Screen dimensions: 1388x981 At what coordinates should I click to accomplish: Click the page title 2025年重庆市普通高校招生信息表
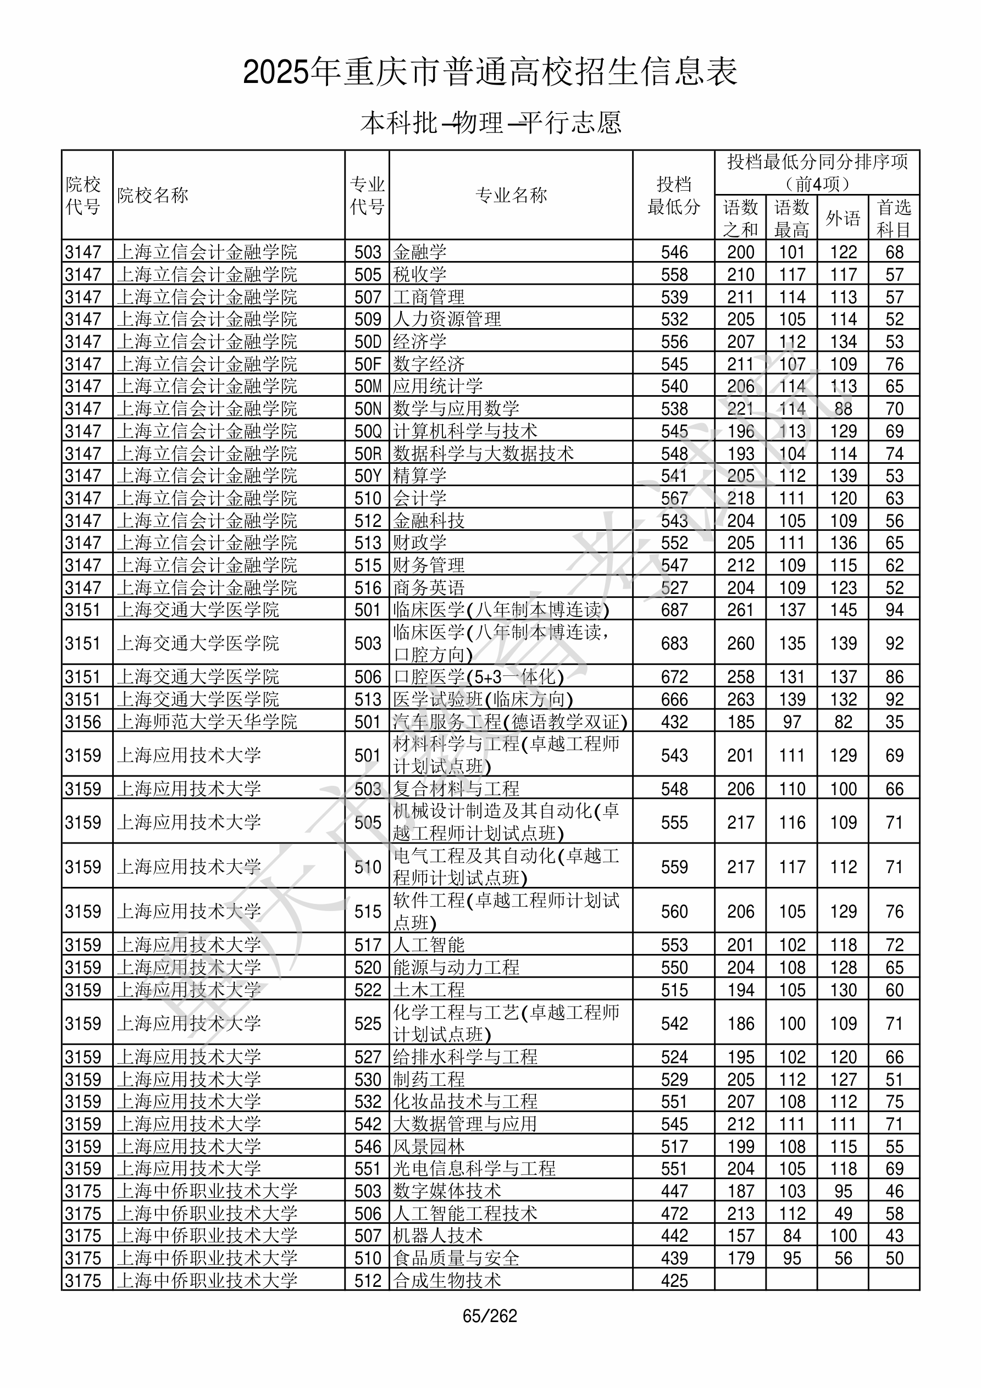tap(490, 73)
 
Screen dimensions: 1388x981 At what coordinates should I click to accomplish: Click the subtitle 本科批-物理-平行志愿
tap(490, 123)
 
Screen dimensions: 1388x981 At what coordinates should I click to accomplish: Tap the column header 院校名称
tap(153, 195)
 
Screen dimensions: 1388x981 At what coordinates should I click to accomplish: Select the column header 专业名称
tap(511, 195)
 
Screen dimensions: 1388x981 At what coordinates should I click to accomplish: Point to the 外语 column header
tap(843, 218)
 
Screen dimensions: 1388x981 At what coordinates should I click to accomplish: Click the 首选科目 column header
tap(894, 218)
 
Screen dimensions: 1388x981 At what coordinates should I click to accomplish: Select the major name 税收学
tap(420, 274)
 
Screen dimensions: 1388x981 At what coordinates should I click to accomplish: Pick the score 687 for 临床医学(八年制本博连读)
tap(674, 609)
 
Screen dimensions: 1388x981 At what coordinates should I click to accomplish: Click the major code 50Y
tap(368, 476)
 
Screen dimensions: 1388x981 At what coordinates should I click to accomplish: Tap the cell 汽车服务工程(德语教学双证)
tap(510, 722)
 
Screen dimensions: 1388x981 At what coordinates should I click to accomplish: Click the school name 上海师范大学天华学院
tap(207, 722)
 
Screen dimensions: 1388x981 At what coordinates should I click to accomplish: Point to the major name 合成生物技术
tap(447, 1280)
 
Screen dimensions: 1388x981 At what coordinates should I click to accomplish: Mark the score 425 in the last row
tap(674, 1280)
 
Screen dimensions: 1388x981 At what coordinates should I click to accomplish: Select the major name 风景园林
tap(429, 1146)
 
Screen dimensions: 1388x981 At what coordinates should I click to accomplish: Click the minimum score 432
tap(674, 722)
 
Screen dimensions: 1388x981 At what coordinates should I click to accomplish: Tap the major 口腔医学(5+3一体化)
tap(478, 676)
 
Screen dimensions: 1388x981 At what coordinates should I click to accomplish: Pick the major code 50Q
tap(368, 431)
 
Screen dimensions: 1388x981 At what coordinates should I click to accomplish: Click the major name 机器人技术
tap(438, 1236)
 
